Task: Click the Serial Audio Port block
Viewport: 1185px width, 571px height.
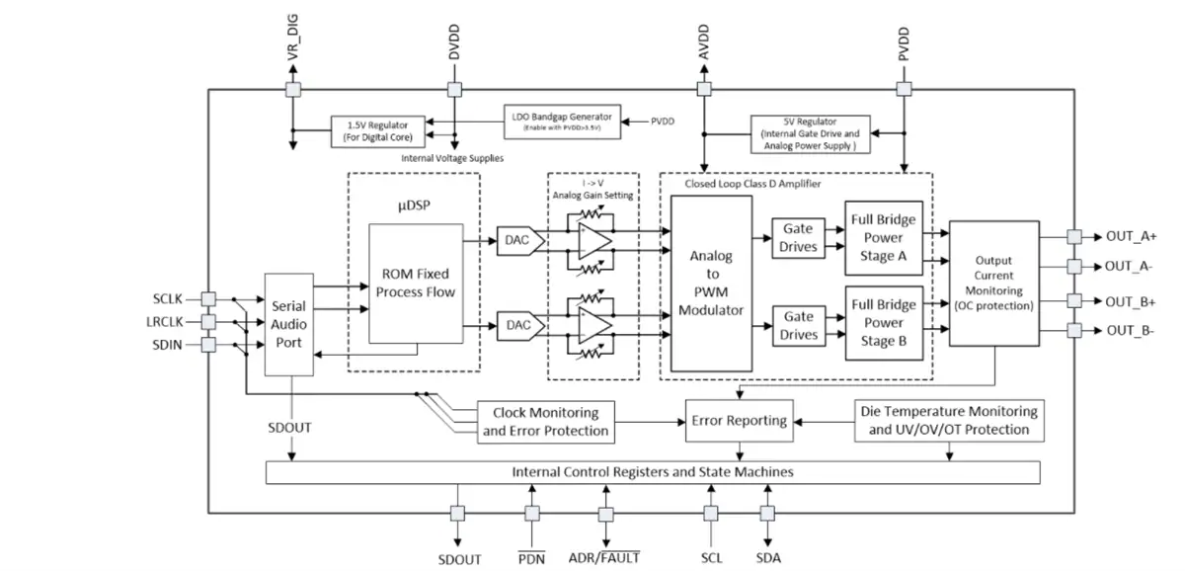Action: point(288,324)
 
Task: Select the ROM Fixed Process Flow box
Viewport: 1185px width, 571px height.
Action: point(416,284)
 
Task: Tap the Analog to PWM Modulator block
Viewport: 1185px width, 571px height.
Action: point(712,284)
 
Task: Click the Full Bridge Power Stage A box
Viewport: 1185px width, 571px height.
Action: point(884,238)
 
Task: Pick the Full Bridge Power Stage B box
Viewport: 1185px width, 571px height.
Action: point(884,323)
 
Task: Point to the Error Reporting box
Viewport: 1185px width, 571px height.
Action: point(740,421)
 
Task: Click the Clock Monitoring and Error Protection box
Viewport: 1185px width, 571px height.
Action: point(546,422)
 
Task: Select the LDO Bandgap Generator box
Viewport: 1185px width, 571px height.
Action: point(562,122)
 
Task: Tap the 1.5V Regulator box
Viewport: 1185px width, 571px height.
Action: point(377,131)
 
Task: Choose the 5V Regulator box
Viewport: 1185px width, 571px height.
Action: point(811,134)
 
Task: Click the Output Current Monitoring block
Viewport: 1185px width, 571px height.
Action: point(994,284)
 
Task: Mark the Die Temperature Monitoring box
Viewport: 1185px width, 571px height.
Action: point(949,421)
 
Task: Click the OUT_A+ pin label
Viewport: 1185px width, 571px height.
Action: point(1131,236)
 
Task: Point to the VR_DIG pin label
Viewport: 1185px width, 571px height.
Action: point(293,37)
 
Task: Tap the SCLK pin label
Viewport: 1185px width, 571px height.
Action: point(167,299)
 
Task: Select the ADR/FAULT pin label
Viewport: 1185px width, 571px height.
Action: point(604,558)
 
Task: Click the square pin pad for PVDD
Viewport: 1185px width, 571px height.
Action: point(905,89)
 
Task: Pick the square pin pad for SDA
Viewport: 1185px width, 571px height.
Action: point(767,514)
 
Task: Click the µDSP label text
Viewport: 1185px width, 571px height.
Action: point(414,205)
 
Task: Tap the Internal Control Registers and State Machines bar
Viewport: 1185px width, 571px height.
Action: point(653,472)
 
